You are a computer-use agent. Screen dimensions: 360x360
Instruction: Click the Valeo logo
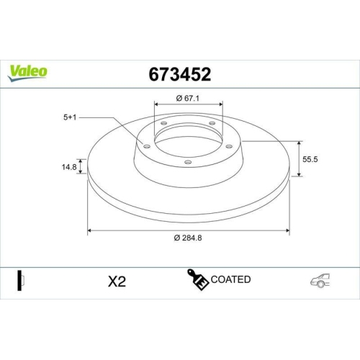click(x=28, y=71)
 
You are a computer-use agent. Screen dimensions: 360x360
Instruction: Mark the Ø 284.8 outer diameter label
click(x=189, y=239)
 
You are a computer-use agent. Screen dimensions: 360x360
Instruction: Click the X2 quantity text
click(x=116, y=282)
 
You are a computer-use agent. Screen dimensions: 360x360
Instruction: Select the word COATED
click(x=231, y=279)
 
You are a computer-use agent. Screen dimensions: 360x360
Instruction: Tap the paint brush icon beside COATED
click(x=199, y=280)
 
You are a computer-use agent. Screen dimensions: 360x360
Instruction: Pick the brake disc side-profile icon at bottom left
click(x=21, y=280)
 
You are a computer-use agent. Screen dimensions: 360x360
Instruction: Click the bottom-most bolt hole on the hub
click(x=187, y=163)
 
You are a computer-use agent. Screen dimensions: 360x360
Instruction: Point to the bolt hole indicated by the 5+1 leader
click(x=147, y=146)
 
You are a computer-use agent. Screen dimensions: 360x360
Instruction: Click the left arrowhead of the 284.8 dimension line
click(x=90, y=230)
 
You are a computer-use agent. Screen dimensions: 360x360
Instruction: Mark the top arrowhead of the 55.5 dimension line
click(x=299, y=142)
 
